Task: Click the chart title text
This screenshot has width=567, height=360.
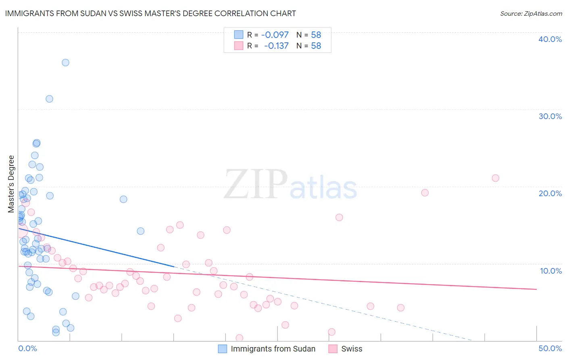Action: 150,14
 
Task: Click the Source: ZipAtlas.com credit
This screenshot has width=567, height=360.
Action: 531,14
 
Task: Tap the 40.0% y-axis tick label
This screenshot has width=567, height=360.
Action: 550,39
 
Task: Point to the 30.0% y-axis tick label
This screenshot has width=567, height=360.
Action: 550,116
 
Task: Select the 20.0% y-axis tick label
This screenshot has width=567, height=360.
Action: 550,193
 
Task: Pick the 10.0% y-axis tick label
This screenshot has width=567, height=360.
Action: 550,271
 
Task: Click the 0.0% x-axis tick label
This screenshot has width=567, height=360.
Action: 27,348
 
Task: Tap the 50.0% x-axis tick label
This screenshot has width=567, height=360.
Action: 550,348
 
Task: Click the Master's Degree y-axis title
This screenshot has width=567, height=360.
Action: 11,184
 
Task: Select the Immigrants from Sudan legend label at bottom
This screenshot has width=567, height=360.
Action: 273,349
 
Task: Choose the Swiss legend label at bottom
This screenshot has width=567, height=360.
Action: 352,349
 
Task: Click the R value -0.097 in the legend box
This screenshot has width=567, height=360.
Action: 275,35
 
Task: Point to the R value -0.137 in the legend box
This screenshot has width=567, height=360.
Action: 276,46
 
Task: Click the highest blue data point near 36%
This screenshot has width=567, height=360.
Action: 65,63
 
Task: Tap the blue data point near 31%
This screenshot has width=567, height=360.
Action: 49,99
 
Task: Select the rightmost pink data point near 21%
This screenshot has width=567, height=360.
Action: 496,178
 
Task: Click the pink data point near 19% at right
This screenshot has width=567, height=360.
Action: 425,193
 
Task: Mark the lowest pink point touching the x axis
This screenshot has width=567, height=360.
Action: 239,338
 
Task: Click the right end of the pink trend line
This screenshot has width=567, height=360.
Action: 536,289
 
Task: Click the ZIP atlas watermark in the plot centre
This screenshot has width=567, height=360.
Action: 290,185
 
